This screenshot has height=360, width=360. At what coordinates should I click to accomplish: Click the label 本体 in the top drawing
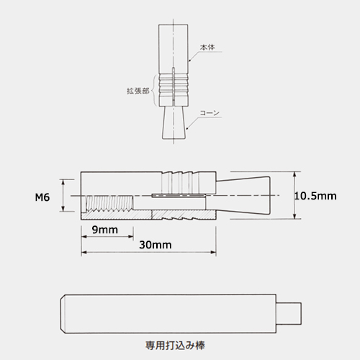click(x=207, y=48)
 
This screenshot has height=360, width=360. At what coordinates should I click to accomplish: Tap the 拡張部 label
click(x=138, y=91)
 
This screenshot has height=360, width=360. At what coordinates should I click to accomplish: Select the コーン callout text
click(x=210, y=113)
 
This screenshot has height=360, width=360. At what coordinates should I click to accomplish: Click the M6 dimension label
click(x=42, y=197)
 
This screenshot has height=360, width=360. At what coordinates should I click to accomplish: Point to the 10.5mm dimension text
click(x=315, y=196)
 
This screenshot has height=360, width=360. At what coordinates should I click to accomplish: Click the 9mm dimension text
click(x=105, y=230)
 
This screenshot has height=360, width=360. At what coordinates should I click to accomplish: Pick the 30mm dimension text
click(x=156, y=245)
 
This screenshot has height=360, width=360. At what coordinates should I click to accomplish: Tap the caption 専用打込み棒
click(x=175, y=346)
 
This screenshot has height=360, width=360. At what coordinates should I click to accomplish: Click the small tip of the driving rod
click(x=289, y=313)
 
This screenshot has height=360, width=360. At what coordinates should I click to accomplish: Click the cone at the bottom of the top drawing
click(x=174, y=122)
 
